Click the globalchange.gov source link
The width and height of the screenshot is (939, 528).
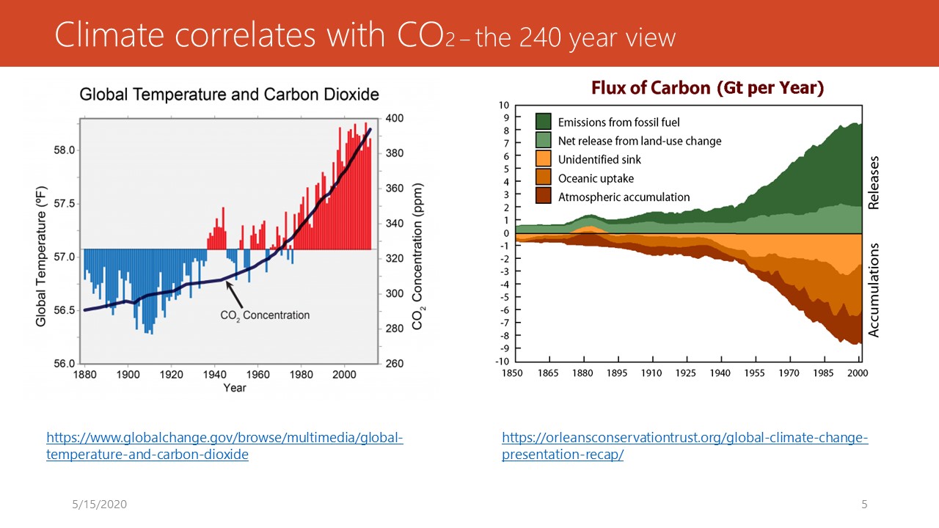pyautogui.click(x=224, y=446)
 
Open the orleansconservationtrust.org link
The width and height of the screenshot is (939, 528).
pyautogui.click(x=685, y=446)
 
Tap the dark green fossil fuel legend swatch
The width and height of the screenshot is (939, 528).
pyautogui.click(x=544, y=122)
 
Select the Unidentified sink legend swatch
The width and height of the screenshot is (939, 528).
pyautogui.click(x=544, y=159)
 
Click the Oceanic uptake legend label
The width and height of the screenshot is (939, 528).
pyautogui.click(x=596, y=178)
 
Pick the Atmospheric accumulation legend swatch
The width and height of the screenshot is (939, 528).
pyautogui.click(x=544, y=196)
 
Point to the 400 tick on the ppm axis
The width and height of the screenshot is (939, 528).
pyautogui.click(x=395, y=118)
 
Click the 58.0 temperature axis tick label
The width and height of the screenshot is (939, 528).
pyautogui.click(x=64, y=150)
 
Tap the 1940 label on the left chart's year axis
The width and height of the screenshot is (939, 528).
pyautogui.click(x=215, y=374)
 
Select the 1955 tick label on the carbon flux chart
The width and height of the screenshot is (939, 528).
pyautogui.click(x=755, y=373)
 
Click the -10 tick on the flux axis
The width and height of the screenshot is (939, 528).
pyautogui.click(x=503, y=362)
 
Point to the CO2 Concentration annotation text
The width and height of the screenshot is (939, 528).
pyautogui.click(x=265, y=315)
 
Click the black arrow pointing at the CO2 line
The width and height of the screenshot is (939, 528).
pyautogui.click(x=234, y=295)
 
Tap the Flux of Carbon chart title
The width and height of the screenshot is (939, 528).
pyautogui.click(x=708, y=88)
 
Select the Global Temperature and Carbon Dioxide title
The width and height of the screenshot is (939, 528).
pyautogui.click(x=230, y=95)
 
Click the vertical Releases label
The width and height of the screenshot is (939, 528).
pyautogui.click(x=874, y=183)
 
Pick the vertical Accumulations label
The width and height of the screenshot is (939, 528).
pyautogui.click(x=874, y=290)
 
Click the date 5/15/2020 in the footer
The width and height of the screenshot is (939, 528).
pyautogui.click(x=99, y=504)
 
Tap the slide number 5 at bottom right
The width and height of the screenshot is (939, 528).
pyautogui.click(x=864, y=504)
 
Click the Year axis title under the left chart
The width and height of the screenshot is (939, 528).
pyautogui.click(x=235, y=388)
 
